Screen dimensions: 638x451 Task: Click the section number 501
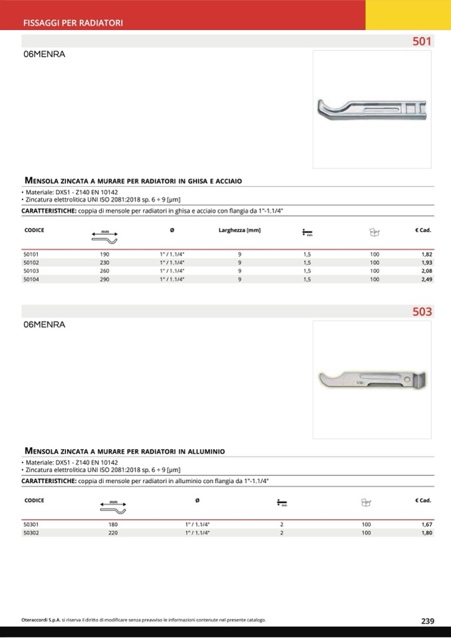[422, 41]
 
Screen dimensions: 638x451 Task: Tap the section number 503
[422, 311]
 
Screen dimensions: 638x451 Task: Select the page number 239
[428, 621]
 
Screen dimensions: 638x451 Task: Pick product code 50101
[31, 254]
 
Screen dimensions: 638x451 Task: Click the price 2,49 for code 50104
[426, 279]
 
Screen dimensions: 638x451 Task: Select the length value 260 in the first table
[104, 271]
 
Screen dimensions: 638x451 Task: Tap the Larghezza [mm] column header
[239, 230]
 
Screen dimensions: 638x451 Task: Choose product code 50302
[31, 533]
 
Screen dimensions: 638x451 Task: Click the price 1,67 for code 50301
[426, 524]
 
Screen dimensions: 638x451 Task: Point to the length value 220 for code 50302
[112, 533]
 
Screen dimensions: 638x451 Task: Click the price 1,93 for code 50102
[426, 263]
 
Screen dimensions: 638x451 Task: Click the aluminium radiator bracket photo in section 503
[371, 381]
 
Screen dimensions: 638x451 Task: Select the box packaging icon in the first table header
[375, 232]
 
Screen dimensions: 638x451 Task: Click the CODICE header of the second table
[34, 500]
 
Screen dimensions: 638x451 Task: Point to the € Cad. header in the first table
[422, 230]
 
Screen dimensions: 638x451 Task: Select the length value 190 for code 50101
[104, 254]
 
